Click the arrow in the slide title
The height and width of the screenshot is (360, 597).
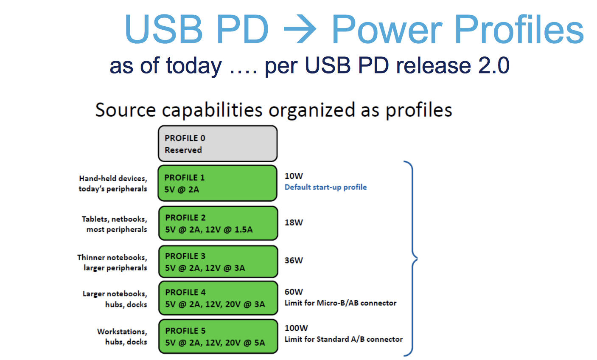(300, 29)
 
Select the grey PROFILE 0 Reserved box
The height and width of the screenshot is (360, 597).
(218, 144)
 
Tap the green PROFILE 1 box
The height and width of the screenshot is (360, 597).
(218, 183)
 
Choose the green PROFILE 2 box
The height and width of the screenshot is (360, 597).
(218, 223)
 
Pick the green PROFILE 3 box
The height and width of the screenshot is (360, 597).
(218, 262)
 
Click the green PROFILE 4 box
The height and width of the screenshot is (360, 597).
(218, 298)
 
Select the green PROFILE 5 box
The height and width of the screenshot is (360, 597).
(218, 337)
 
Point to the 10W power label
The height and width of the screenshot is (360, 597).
(294, 176)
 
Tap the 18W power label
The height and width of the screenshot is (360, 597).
(294, 222)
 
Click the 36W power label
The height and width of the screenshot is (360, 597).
(294, 260)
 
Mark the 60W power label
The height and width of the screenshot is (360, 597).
(294, 292)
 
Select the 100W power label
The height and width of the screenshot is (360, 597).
(296, 328)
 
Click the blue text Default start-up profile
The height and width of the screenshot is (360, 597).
(326, 188)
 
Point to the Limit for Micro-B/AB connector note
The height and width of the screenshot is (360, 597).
(341, 303)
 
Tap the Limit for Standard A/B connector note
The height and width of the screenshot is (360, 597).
(344, 339)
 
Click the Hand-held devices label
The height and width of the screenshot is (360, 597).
(113, 179)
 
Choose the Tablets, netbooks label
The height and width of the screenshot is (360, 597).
(114, 219)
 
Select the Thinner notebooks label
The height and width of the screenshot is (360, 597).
(112, 258)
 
